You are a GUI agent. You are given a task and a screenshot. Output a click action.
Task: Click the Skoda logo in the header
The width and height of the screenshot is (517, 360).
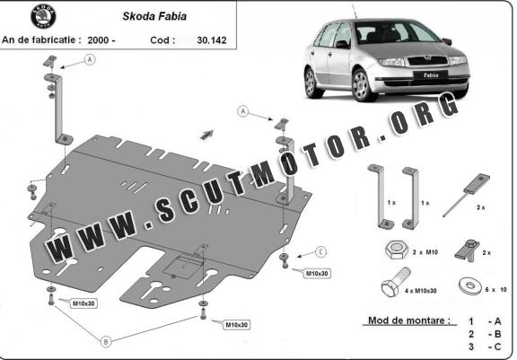click(43, 16)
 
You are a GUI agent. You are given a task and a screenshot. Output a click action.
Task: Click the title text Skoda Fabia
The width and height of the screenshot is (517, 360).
click(154, 16)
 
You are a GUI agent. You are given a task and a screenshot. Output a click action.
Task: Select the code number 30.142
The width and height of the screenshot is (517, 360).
click(211, 40)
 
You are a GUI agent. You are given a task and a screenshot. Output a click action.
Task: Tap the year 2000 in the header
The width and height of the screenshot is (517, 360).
click(99, 40)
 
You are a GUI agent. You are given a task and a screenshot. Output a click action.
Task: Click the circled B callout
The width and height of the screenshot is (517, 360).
click(106, 342)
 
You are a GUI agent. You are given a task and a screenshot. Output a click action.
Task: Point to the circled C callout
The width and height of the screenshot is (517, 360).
click(320, 252)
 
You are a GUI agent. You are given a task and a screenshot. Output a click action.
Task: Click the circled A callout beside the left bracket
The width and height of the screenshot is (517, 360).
click(90, 59)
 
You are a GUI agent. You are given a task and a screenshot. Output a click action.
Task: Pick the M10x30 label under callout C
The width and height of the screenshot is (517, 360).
click(317, 274)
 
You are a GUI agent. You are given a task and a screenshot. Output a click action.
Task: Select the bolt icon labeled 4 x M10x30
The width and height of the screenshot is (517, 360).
click(396, 283)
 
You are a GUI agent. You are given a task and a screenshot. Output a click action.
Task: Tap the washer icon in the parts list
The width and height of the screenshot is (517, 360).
click(470, 285)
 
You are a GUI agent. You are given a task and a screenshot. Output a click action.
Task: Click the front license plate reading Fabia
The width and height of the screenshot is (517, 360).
click(431, 75)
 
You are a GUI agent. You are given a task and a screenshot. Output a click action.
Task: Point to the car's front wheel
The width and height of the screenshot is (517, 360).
click(363, 85)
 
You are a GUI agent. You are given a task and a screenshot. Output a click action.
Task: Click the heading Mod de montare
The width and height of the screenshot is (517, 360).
click(409, 320)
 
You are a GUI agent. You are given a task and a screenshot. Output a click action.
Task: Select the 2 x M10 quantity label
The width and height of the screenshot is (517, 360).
click(425, 252)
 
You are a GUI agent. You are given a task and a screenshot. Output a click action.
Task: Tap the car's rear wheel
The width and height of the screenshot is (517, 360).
click(311, 83)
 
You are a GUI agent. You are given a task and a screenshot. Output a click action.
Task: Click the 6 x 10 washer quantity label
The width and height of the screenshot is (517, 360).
click(495, 290)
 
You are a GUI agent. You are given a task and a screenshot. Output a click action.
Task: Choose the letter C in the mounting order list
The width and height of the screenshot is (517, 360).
click(497, 347)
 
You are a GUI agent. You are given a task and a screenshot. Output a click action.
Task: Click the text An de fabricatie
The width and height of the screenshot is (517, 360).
click(41, 40)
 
